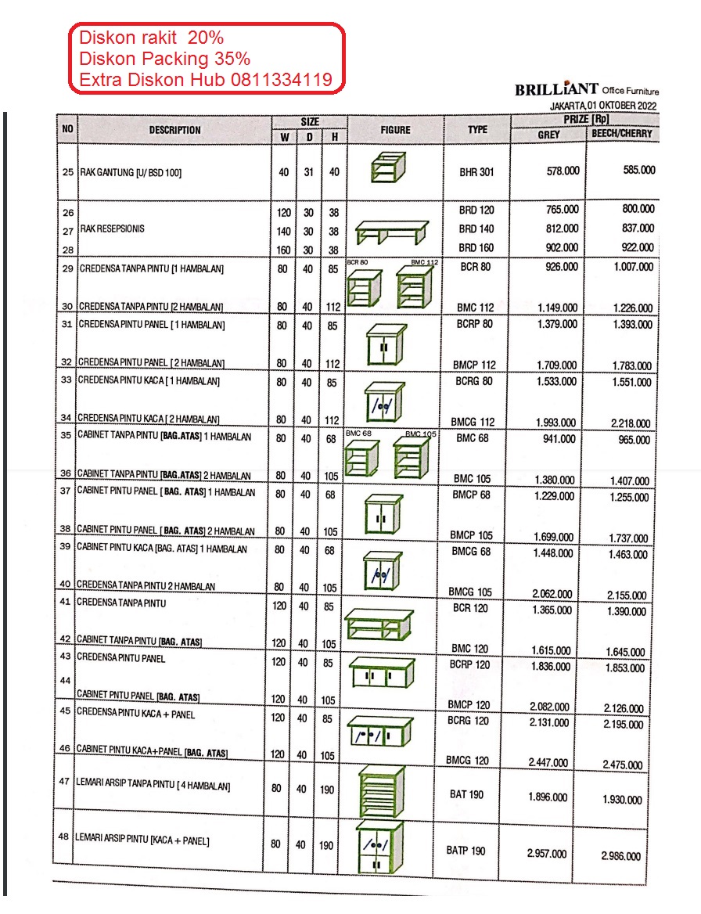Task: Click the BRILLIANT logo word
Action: (x=556, y=89)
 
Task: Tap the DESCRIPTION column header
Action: (x=174, y=130)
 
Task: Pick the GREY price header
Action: (x=548, y=134)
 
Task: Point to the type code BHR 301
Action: (x=476, y=172)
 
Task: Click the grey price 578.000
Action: (x=563, y=171)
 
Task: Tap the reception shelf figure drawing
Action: (x=391, y=231)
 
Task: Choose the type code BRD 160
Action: (x=476, y=248)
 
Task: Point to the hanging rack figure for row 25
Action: (x=387, y=167)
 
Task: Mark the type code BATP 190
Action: (x=466, y=851)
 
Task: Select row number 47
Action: (x=65, y=781)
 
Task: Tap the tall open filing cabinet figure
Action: (x=381, y=790)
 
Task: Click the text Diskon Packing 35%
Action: (x=164, y=59)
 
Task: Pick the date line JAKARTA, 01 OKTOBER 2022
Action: (x=603, y=106)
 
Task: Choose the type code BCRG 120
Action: (x=468, y=721)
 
